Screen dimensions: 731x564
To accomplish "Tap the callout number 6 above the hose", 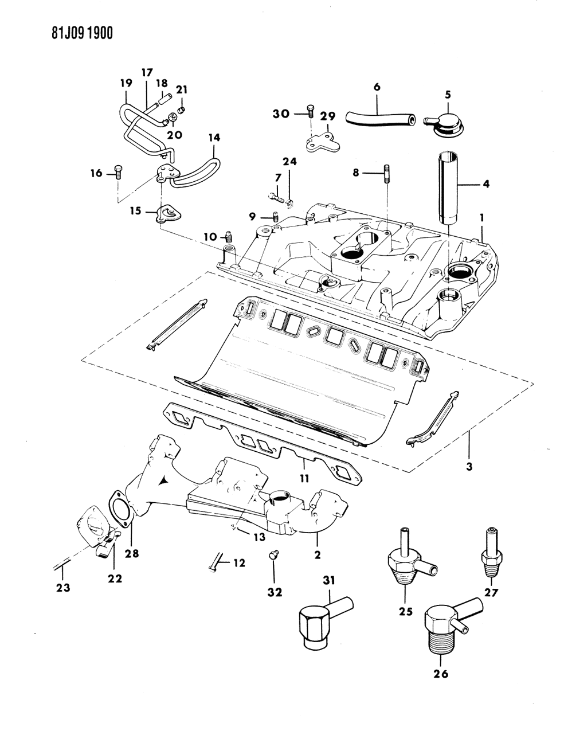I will coord(377,87).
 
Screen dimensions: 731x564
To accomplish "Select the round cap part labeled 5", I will coord(446,122).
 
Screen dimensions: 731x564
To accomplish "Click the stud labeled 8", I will coord(386,173).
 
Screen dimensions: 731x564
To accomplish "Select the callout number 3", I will coord(468,467).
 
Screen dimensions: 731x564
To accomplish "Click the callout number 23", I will coord(63,587).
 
